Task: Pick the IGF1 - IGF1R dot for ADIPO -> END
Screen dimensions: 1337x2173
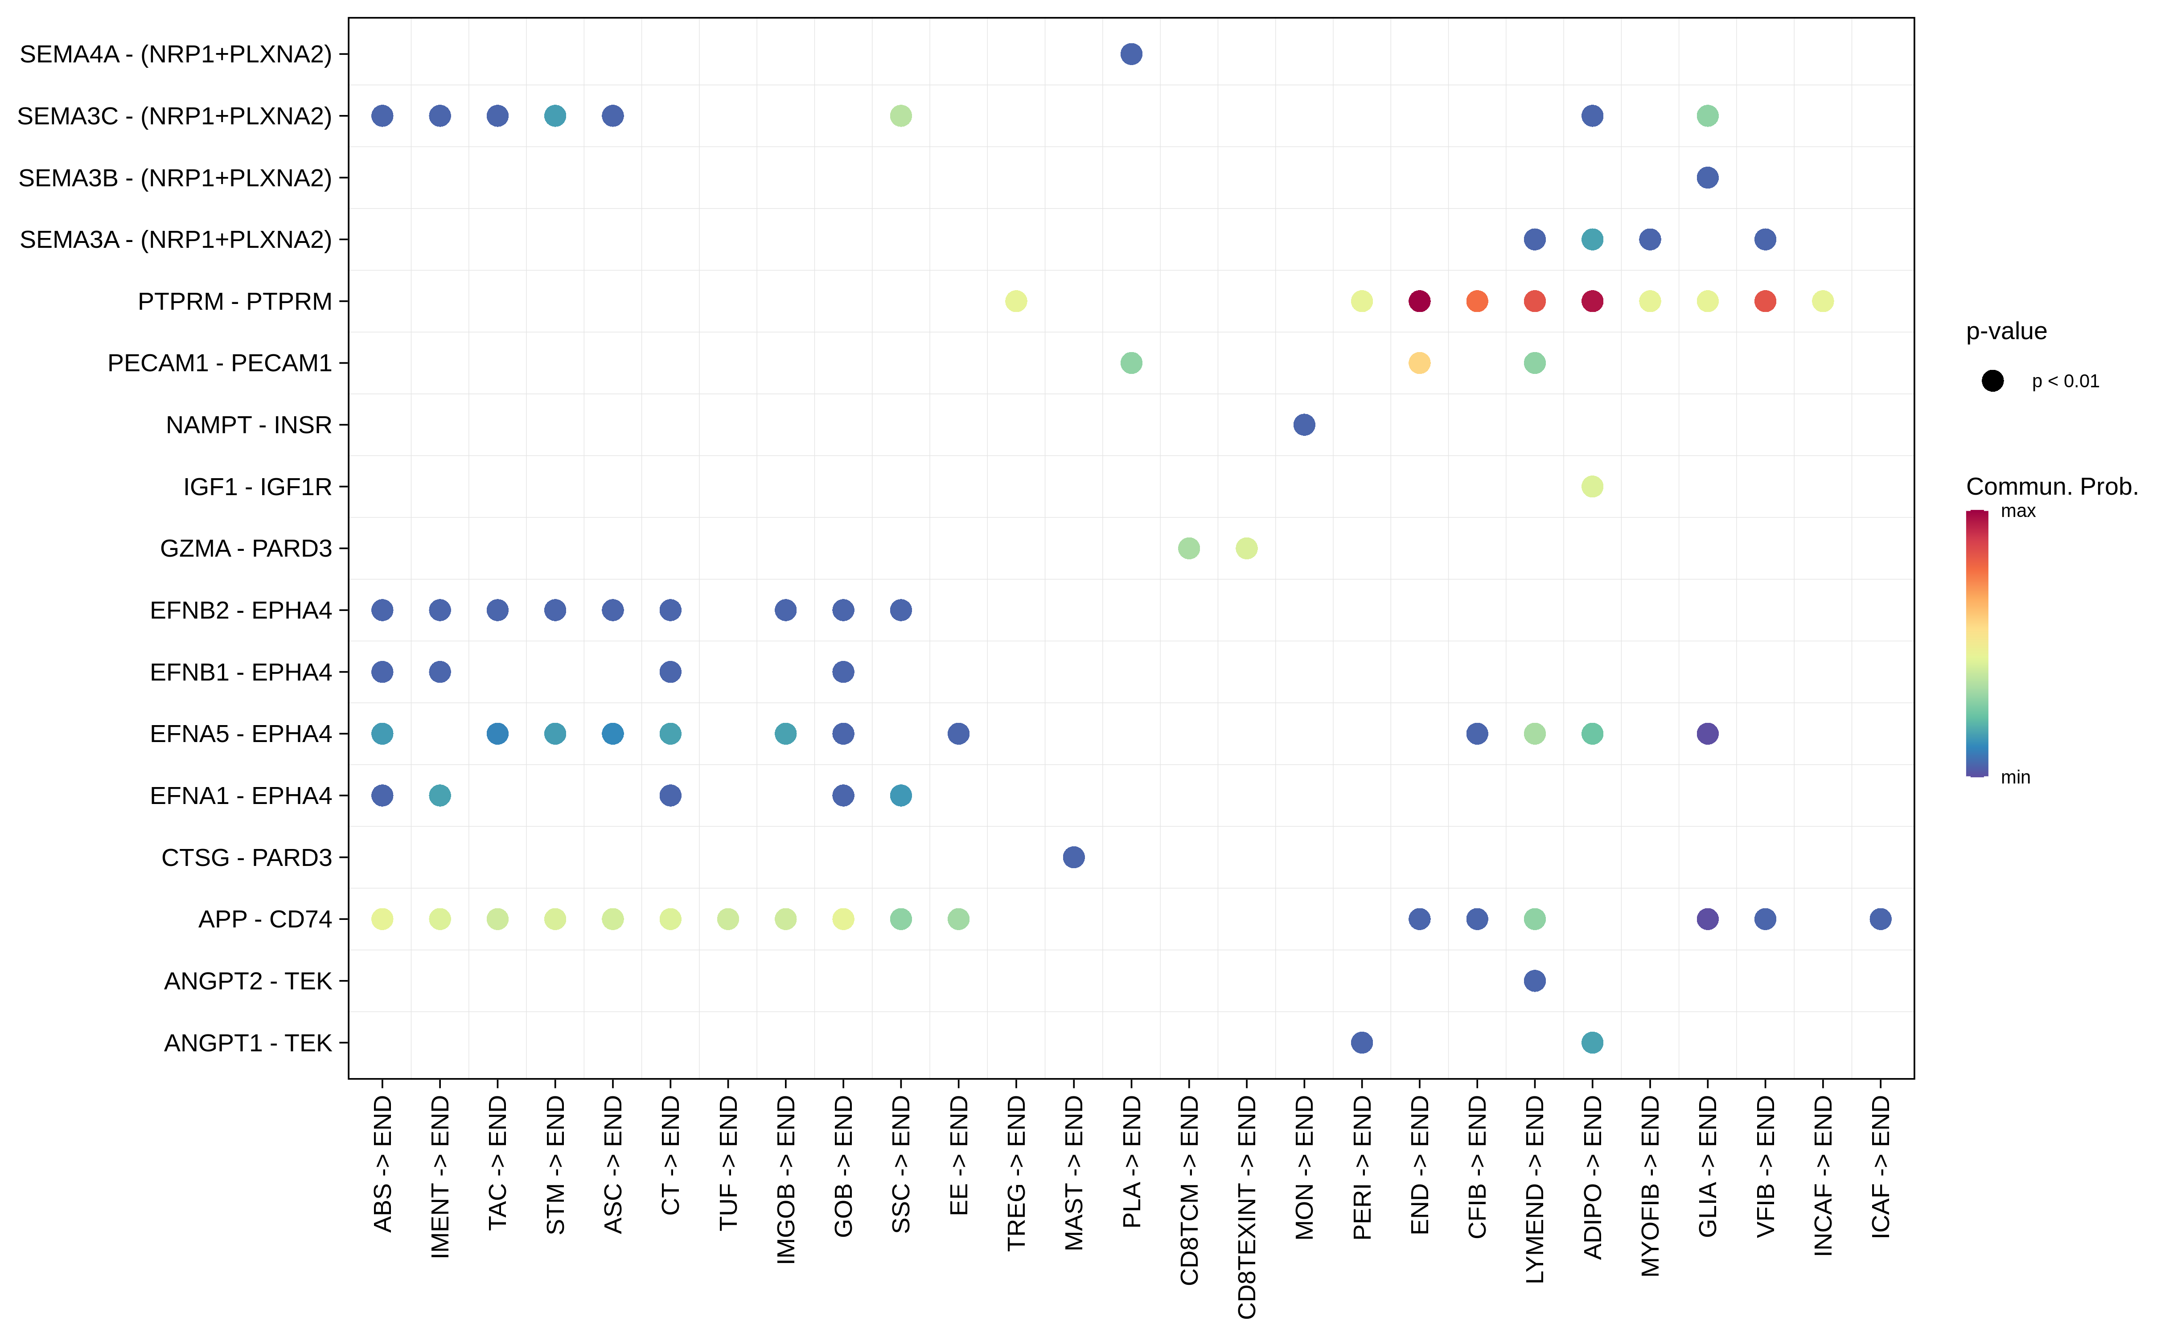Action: click(1592, 486)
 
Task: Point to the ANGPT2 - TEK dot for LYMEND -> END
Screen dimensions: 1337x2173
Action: click(1534, 980)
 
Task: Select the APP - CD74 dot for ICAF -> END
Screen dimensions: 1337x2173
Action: click(1880, 919)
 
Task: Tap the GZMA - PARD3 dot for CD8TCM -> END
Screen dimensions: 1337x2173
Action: click(1189, 548)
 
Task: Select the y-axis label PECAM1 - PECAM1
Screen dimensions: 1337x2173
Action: click(219, 363)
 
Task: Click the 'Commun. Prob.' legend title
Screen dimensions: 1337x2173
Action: click(2051, 486)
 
